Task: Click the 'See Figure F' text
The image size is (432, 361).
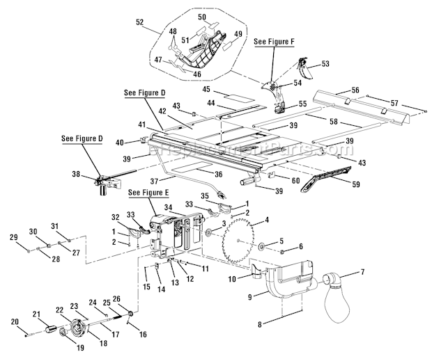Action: click(x=274, y=42)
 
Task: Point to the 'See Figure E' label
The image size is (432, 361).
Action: click(x=147, y=191)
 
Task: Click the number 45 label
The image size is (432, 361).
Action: click(x=206, y=90)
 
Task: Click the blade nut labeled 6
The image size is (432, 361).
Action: click(x=280, y=248)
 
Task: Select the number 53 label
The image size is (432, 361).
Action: click(x=325, y=64)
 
